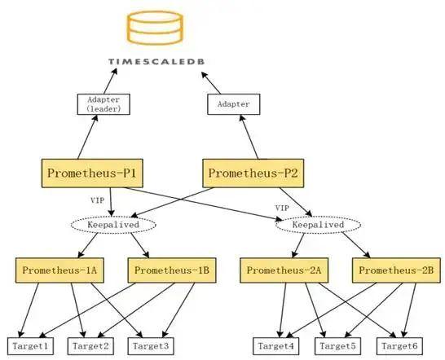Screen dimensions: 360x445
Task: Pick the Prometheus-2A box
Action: point(280,270)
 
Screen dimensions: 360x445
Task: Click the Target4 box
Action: point(275,346)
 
